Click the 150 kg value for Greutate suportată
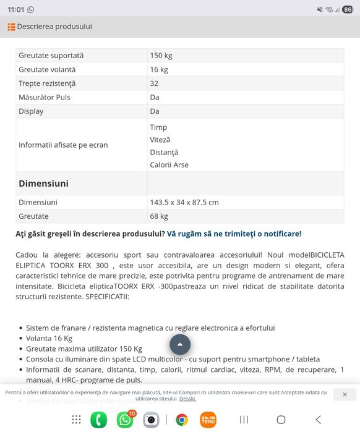[161, 56]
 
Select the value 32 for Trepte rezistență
[154, 83]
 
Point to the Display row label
[31, 111]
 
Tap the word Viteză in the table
[160, 140]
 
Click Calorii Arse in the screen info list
[169, 165]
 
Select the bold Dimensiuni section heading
[43, 184]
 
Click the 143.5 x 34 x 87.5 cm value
[184, 202]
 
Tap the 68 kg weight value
[159, 216]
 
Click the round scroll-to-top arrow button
[180, 344]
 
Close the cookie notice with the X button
[345, 394]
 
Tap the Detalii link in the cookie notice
[187, 399]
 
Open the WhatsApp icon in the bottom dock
[125, 420]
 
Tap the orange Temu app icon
[208, 420]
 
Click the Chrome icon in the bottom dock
[182, 420]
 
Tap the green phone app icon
[98, 420]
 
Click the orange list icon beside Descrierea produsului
[11, 27]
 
